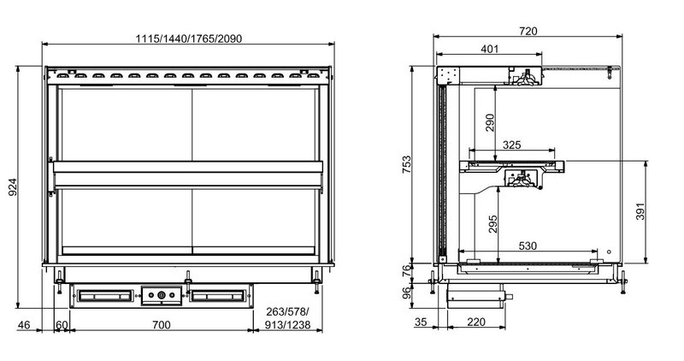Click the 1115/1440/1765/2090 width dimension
point(188,38)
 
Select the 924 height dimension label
point(13,186)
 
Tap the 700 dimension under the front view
point(162,324)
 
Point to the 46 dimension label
point(24,325)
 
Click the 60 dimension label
point(62,325)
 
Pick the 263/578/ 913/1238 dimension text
point(288,318)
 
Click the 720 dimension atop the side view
point(528,31)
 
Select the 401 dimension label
point(489,49)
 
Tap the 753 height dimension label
point(406,164)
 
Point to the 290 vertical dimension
point(489,122)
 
